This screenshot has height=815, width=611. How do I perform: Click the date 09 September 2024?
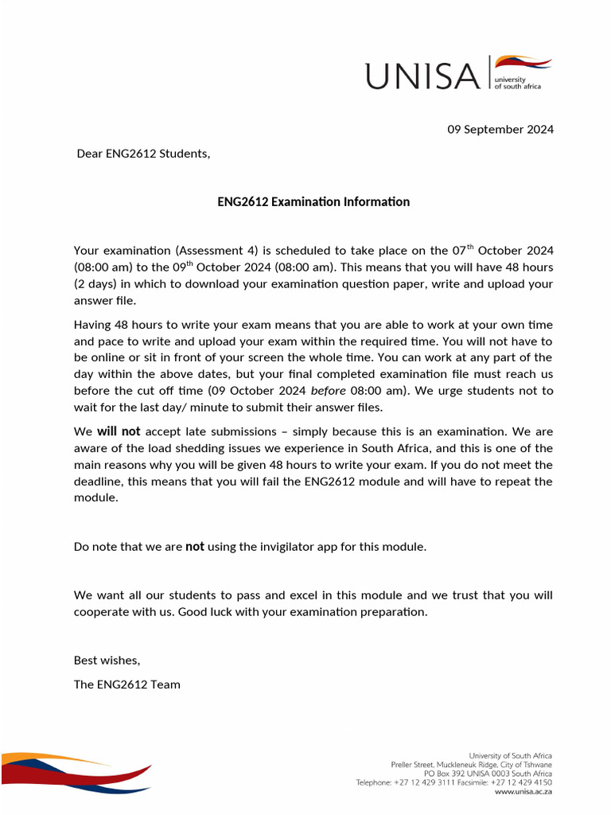[x=500, y=129]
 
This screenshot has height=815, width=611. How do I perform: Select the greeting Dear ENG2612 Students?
[x=143, y=154]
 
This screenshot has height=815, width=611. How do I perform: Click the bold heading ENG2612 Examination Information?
[x=313, y=201]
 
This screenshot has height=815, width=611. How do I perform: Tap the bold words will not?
[x=119, y=431]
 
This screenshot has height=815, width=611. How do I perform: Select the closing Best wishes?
[x=107, y=660]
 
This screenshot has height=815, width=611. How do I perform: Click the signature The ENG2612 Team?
[x=127, y=684]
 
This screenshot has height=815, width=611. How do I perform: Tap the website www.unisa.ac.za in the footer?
[x=523, y=792]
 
